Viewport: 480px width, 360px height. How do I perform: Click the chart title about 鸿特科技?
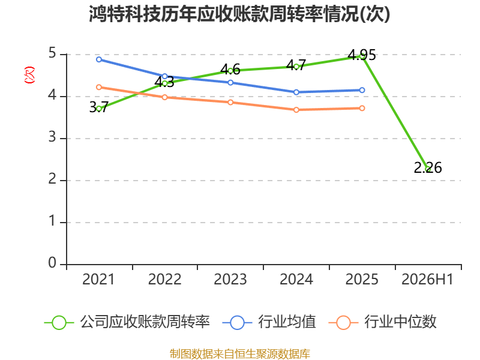pyautogui.click(x=239, y=14)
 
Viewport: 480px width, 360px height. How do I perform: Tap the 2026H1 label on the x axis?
pyautogui.click(x=427, y=279)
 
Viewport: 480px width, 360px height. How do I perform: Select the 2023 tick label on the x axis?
pyautogui.click(x=230, y=279)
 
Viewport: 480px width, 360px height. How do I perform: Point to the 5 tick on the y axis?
pyautogui.click(x=52, y=53)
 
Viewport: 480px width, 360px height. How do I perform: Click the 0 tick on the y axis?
pyautogui.click(x=52, y=263)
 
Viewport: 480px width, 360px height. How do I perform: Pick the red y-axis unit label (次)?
pyautogui.click(x=29, y=75)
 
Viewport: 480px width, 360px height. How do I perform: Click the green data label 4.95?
pyautogui.click(x=362, y=55)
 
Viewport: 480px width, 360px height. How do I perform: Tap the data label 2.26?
pyautogui.click(x=428, y=168)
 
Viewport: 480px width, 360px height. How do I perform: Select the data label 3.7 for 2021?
pyautogui.click(x=98, y=107)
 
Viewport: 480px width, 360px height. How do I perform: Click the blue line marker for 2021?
pyautogui.click(x=99, y=59)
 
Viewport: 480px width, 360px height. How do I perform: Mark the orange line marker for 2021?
pyautogui.click(x=99, y=87)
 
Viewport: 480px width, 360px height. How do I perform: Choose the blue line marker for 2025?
pyautogui.click(x=362, y=90)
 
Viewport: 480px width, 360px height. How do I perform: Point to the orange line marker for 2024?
pyautogui.click(x=296, y=110)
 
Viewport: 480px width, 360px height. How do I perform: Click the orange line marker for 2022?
pyautogui.click(x=164, y=97)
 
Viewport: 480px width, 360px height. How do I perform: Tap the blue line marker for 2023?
pyautogui.click(x=230, y=83)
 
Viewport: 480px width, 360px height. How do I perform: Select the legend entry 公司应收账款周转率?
pyautogui.click(x=127, y=322)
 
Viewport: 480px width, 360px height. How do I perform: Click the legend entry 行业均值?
pyautogui.click(x=269, y=322)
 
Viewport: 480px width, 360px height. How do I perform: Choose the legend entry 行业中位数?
pyautogui.click(x=382, y=322)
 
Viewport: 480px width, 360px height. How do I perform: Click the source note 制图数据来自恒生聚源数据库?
pyautogui.click(x=240, y=354)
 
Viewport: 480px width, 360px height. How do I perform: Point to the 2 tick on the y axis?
pyautogui.click(x=52, y=179)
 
